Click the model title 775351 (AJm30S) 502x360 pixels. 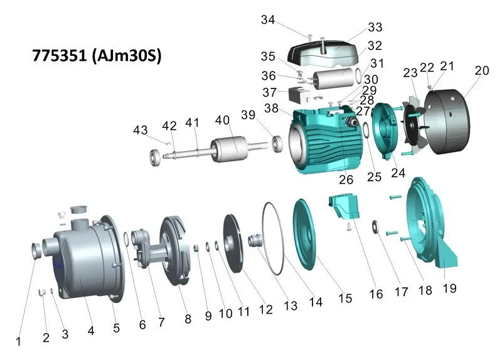97,56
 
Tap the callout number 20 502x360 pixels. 481,70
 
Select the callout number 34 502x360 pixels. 268,20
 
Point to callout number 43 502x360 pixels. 140,130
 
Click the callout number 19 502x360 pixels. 449,288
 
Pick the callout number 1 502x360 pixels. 19,341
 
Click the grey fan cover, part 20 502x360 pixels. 447,122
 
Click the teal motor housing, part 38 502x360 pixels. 323,140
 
